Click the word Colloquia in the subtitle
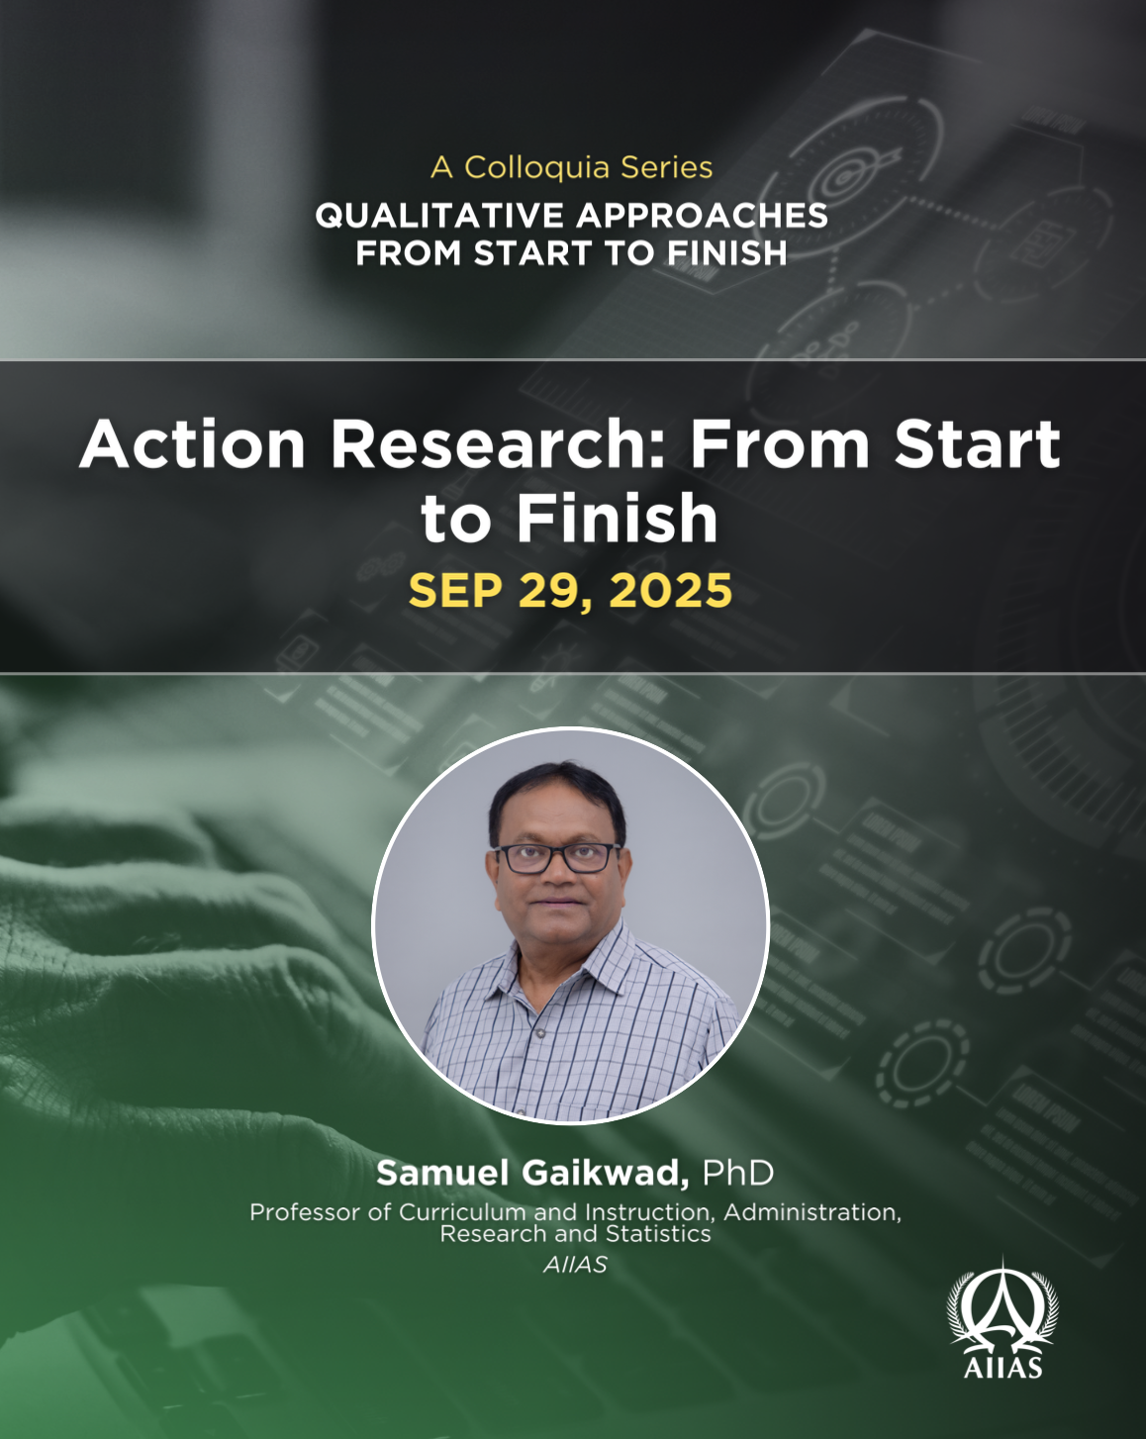[537, 168]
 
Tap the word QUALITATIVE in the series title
[439, 216]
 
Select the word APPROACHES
[702, 216]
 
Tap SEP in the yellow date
[455, 590]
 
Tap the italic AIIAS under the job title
[575, 1265]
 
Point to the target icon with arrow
[849, 175]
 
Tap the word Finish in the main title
[618, 519]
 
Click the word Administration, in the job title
[812, 1212]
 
